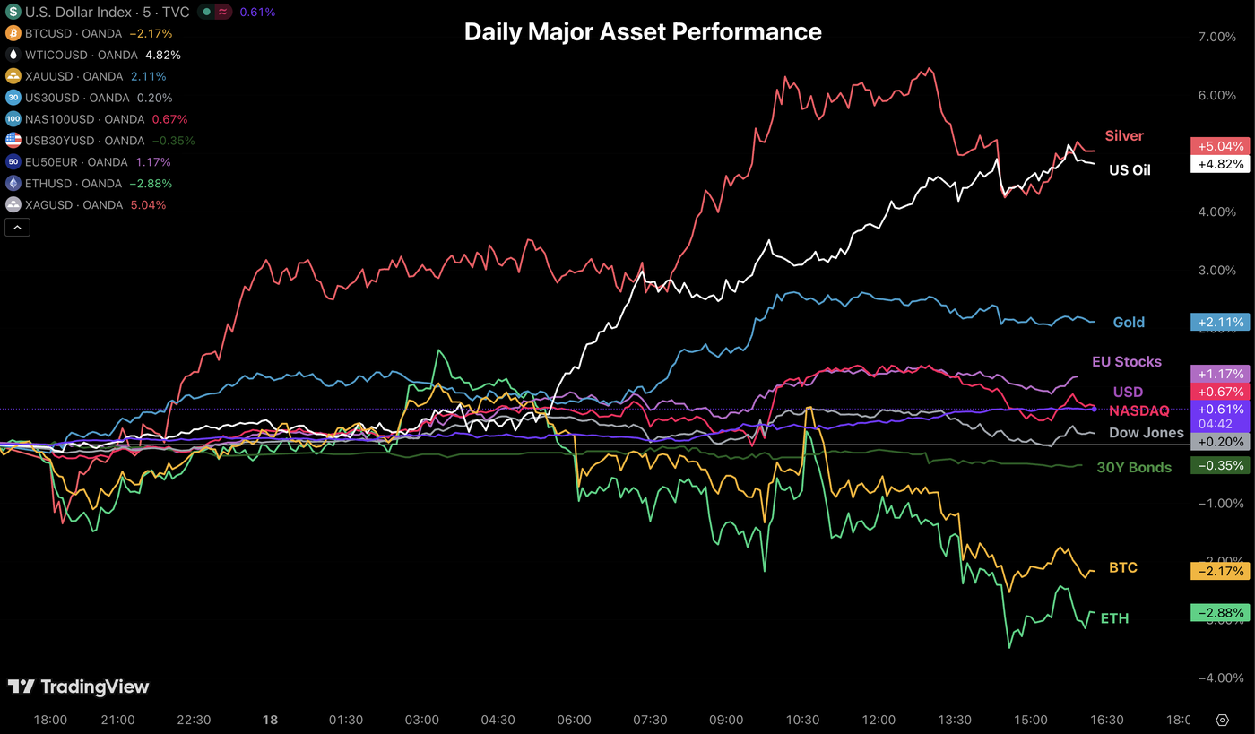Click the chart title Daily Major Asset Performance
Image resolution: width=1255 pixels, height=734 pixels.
642,32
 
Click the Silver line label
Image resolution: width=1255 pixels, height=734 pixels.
1123,136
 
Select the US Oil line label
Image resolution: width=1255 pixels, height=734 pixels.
1129,170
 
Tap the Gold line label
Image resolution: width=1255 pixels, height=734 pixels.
1129,323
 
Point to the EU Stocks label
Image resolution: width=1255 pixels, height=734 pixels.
1126,362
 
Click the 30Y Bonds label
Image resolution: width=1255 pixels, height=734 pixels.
1133,467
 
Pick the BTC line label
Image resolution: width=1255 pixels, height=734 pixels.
1122,568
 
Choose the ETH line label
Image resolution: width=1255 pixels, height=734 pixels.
1114,618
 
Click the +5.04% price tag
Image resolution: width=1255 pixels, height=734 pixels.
1218,146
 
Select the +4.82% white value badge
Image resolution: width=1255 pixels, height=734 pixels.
1218,164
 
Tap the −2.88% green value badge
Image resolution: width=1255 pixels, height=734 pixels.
1218,613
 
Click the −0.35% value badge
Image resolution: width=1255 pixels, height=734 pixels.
1218,465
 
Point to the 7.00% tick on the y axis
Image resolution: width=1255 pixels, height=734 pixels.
1216,37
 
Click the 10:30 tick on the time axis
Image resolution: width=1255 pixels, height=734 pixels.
802,720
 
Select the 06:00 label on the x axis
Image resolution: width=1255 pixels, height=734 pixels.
574,720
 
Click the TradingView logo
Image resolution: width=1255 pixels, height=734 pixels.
79,687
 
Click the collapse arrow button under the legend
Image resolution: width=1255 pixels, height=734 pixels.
17,228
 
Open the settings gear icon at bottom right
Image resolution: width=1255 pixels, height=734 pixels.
1222,720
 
